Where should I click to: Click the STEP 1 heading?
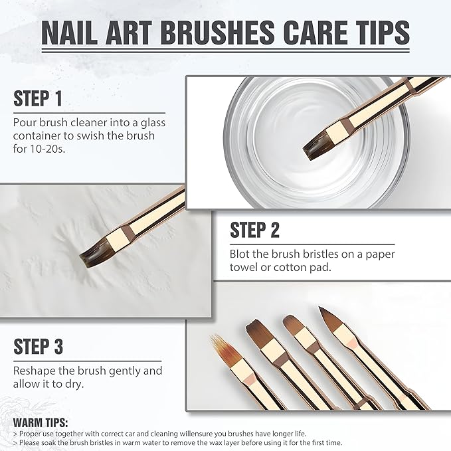coord(38,99)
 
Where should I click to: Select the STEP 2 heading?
coord(254,230)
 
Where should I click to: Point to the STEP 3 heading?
coord(38,347)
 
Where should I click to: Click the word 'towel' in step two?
coord(244,268)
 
